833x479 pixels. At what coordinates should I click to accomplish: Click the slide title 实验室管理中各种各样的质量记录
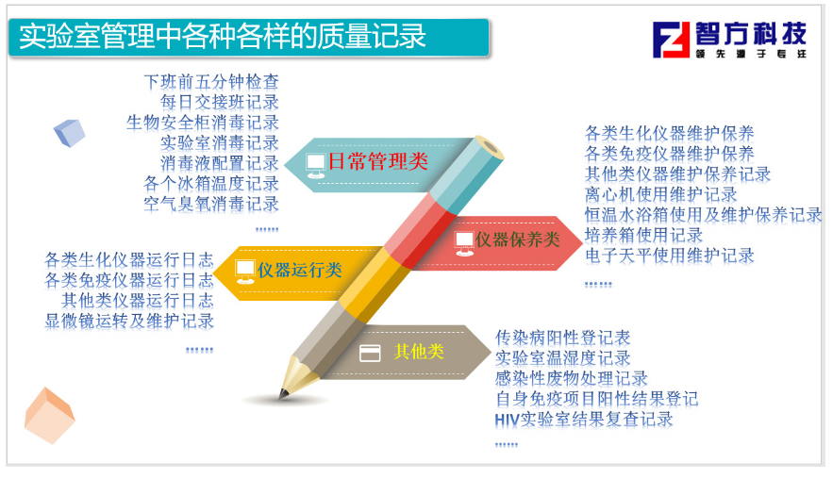(223, 36)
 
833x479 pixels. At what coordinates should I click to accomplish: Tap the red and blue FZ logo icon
(671, 40)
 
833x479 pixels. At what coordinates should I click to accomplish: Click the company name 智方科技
(751, 33)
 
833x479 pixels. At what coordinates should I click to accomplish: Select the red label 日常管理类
(377, 161)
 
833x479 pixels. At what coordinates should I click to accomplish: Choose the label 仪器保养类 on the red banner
(517, 239)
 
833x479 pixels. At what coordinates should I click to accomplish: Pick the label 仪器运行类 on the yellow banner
(300, 270)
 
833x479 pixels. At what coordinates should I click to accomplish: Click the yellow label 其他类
(419, 351)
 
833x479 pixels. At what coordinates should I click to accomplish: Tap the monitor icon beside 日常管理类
(316, 166)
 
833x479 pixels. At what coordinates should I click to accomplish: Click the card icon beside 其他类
(370, 354)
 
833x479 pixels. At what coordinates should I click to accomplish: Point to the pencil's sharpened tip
(282, 395)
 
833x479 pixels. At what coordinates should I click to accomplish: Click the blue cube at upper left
(70, 133)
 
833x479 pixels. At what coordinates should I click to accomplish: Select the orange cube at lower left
(49, 416)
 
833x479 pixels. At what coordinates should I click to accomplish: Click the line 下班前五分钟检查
(211, 82)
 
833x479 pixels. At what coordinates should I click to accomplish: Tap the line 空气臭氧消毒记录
(211, 204)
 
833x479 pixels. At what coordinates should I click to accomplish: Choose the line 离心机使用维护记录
(661, 194)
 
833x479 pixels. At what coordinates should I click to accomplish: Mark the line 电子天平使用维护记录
(670, 256)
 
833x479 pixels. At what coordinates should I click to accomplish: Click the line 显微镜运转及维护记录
(129, 321)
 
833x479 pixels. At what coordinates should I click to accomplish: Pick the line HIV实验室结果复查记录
(584, 420)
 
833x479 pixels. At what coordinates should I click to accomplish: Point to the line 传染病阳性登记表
(562, 338)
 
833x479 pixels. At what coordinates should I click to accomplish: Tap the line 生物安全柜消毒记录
(203, 123)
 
